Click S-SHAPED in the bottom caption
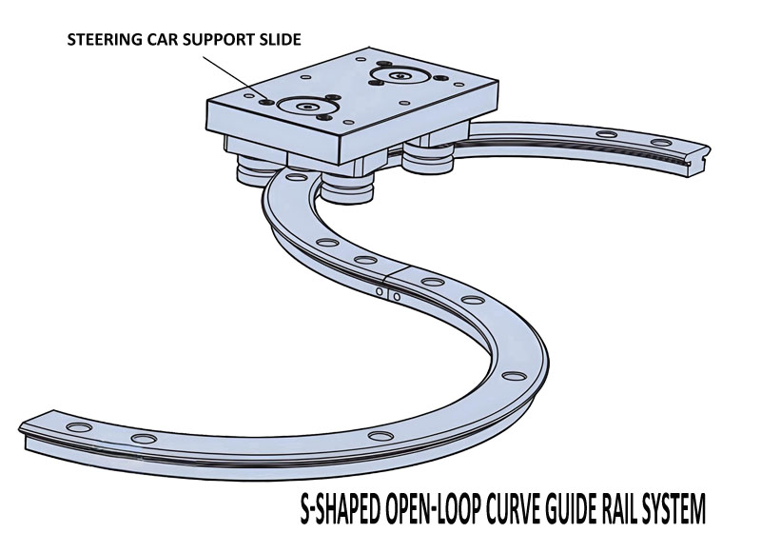click(x=340, y=509)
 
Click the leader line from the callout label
click(x=234, y=79)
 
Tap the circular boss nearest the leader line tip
click(x=304, y=107)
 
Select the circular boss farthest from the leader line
click(x=399, y=76)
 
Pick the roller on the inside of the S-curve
click(x=346, y=188)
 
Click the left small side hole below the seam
click(x=380, y=292)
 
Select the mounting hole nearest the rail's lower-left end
click(x=79, y=427)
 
